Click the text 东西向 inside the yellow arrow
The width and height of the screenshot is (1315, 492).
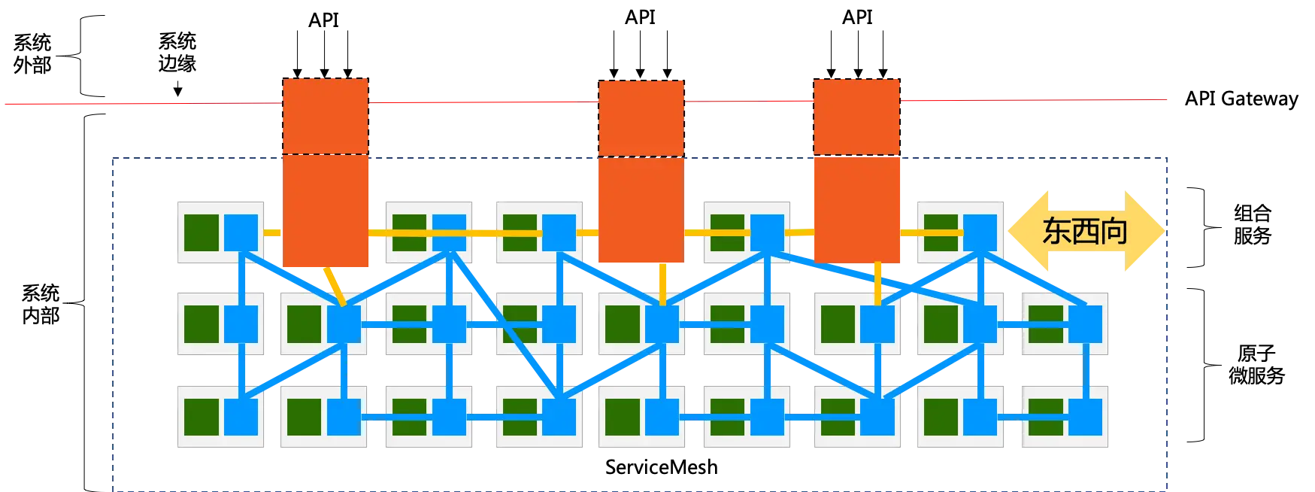(1084, 231)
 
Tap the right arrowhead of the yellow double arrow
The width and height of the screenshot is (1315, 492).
(1148, 230)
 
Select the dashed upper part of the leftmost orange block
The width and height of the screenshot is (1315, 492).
(326, 117)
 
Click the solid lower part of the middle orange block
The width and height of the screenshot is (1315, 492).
(641, 209)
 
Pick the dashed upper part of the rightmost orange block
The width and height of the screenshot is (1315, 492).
(856, 117)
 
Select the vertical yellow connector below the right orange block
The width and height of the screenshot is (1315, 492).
(877, 284)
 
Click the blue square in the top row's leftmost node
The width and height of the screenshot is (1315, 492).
(241, 232)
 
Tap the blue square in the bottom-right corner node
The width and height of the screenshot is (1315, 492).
(1085, 417)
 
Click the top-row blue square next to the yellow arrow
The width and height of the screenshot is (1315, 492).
(980, 232)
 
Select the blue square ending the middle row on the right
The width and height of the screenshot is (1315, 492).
(1085, 324)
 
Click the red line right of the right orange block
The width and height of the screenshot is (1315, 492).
(1038, 100)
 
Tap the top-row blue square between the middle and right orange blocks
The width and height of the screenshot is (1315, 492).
(768, 232)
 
